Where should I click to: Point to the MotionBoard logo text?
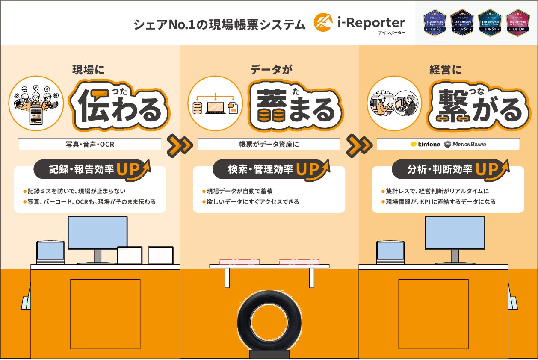[x=470, y=144]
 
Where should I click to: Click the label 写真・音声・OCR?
[x=90, y=144]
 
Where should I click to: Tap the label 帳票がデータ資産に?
[x=269, y=144]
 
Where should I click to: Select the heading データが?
[x=269, y=70]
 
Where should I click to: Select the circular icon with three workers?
[x=36, y=103]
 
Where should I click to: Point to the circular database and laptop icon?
[x=215, y=103]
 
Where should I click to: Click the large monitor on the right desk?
[x=455, y=233]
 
